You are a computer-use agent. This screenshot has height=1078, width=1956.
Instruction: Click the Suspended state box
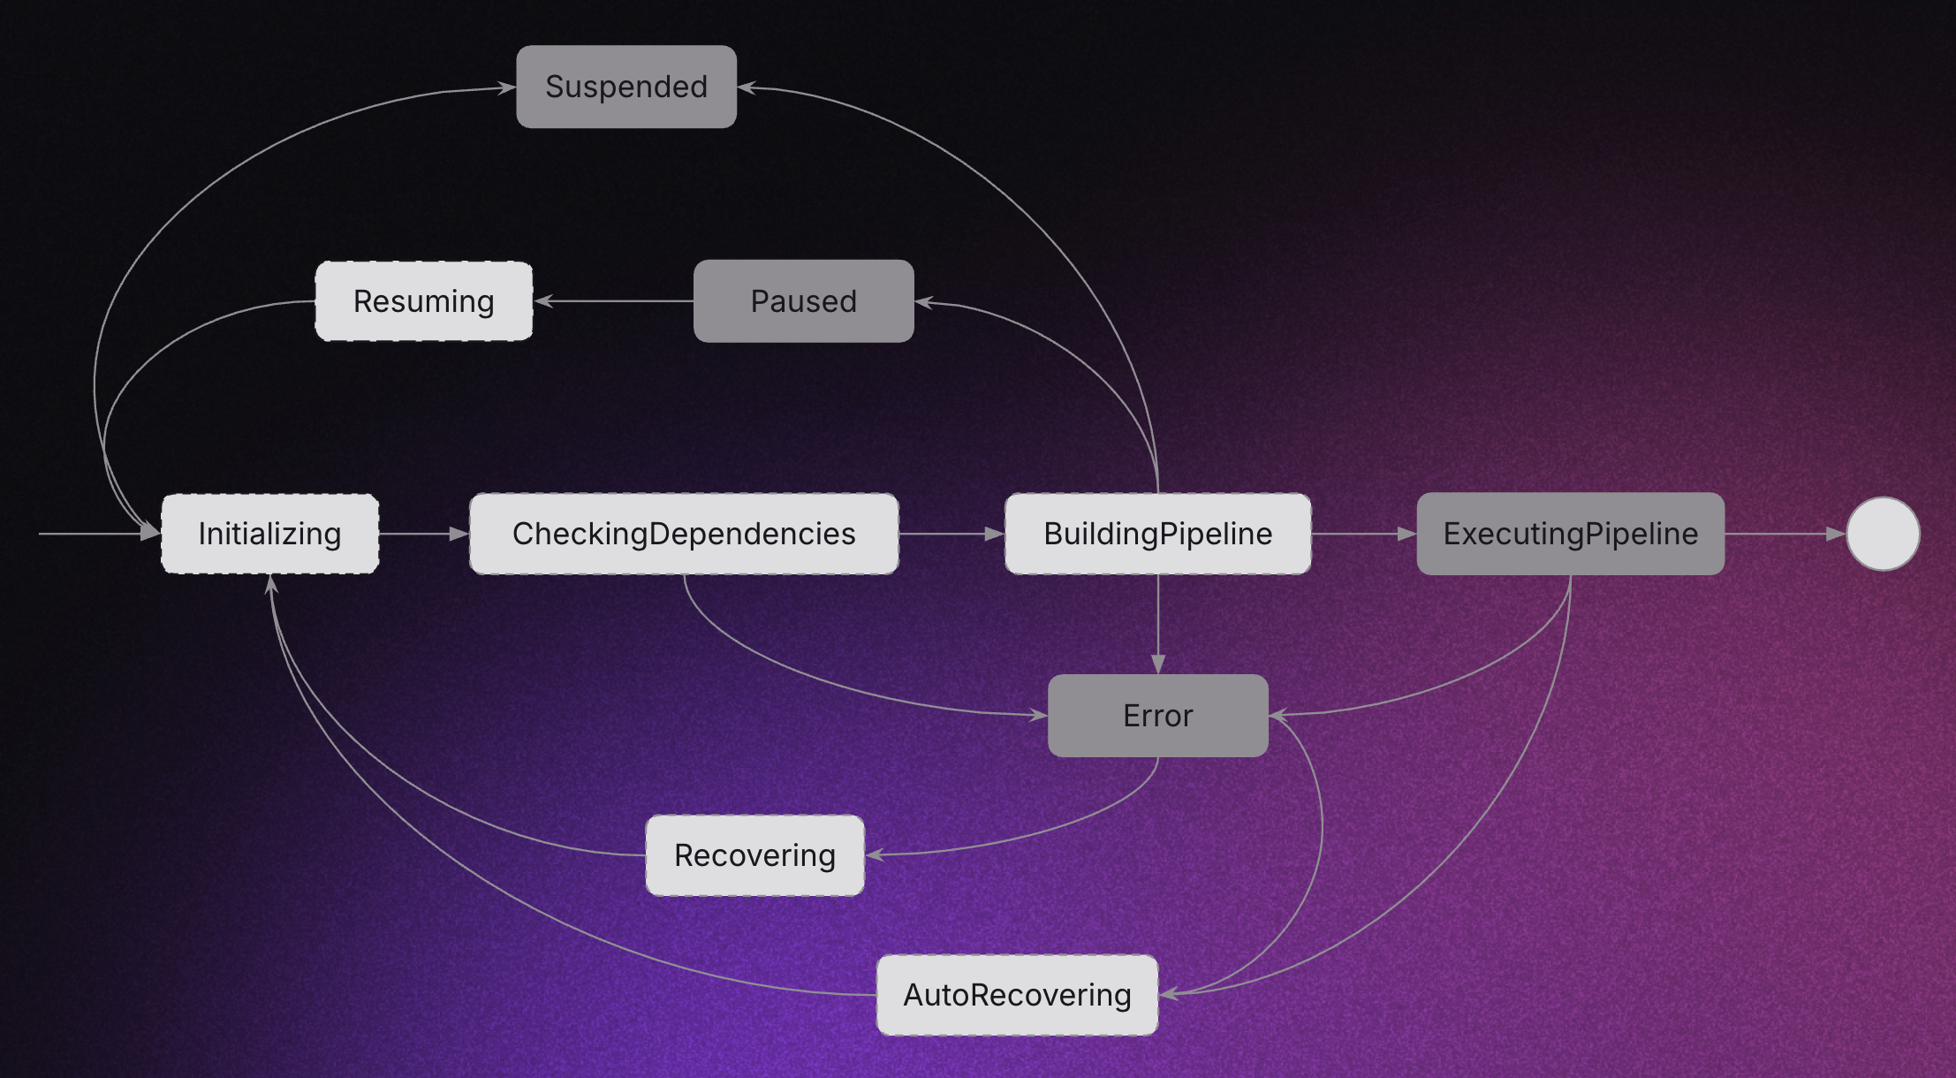pyautogui.click(x=625, y=87)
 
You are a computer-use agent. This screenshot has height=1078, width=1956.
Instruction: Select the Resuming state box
pyautogui.click(x=424, y=301)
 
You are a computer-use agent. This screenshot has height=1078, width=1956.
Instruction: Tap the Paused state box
pyautogui.click(x=803, y=301)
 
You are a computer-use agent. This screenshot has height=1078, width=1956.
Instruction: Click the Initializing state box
pyautogui.click(x=269, y=534)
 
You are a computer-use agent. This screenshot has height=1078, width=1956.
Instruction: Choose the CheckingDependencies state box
pyautogui.click(x=684, y=534)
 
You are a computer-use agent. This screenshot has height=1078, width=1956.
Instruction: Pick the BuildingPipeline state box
pyautogui.click(x=1157, y=534)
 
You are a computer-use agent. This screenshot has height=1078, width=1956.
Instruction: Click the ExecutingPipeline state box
pyautogui.click(x=1570, y=534)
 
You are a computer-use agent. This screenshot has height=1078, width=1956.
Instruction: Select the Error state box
pyautogui.click(x=1157, y=716)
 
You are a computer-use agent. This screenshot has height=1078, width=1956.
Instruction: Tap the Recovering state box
pyautogui.click(x=754, y=855)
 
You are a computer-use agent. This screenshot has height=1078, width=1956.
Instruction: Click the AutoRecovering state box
pyautogui.click(x=1017, y=995)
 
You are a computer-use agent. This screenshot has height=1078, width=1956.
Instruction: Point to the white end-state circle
pyautogui.click(x=1883, y=534)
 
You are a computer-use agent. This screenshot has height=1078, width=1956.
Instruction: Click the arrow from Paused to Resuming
pyautogui.click(x=614, y=301)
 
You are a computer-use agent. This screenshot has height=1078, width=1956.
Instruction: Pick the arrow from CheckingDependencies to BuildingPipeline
pyautogui.click(x=951, y=534)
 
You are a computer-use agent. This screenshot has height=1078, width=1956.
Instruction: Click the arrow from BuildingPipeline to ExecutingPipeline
pyautogui.click(x=1363, y=534)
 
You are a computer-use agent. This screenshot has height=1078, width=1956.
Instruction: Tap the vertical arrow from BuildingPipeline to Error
pyautogui.click(x=1157, y=624)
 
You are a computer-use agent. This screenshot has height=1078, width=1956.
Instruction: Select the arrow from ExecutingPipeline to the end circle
pyautogui.click(x=1785, y=534)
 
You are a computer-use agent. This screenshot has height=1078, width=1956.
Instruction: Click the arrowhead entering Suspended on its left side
pyautogui.click(x=506, y=87)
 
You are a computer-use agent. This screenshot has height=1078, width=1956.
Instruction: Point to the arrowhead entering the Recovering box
pyautogui.click(x=876, y=854)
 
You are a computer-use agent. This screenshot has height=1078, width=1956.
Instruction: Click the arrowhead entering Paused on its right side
pyautogui.click(x=924, y=302)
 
